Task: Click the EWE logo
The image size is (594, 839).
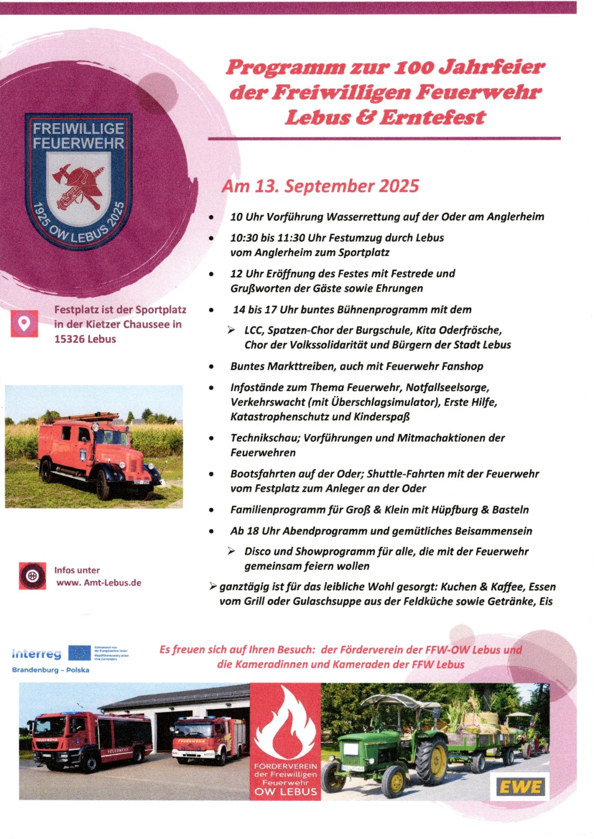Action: click(521, 787)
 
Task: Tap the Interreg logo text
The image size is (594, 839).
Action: click(37, 654)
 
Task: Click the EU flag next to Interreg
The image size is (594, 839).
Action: click(79, 653)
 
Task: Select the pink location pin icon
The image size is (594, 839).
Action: click(24, 324)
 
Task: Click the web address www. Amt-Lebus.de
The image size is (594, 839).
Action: click(99, 582)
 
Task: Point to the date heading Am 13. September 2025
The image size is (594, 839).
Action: click(320, 186)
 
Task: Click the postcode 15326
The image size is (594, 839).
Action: click(70, 339)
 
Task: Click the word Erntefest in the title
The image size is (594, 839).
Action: click(433, 117)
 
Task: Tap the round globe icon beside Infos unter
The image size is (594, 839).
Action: click(32, 576)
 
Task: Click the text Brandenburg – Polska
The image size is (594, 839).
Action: click(51, 670)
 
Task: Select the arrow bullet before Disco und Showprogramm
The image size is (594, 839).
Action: click(231, 551)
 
